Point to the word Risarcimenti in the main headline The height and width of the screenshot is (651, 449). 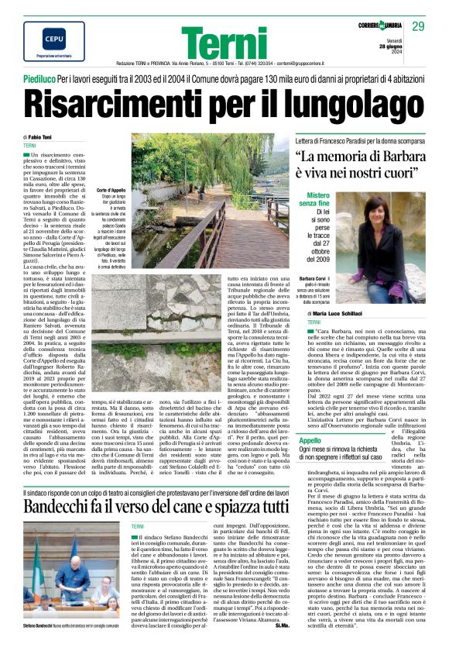132,102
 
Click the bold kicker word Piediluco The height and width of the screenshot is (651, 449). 43,79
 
